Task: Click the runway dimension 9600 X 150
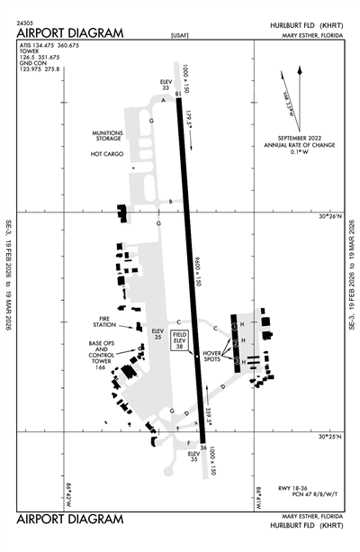click(196, 270)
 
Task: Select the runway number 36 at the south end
click(204, 448)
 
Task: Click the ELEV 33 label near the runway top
click(165, 84)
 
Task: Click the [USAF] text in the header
click(180, 35)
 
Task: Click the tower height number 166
click(101, 367)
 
